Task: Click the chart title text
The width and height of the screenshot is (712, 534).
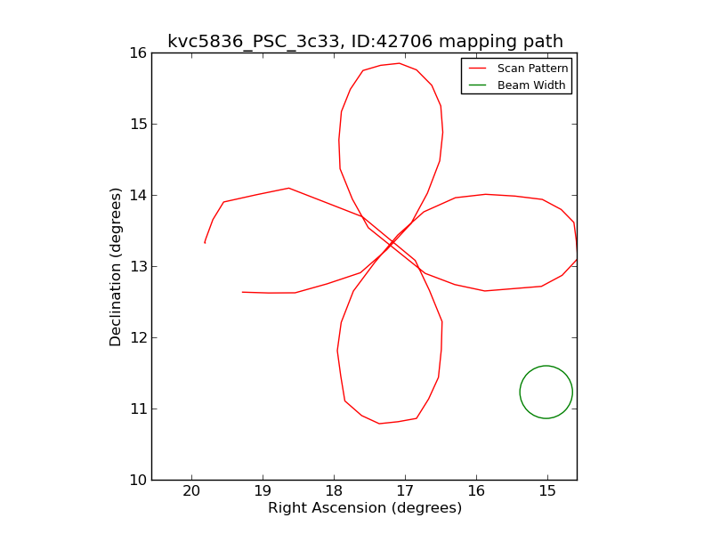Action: [x=365, y=41]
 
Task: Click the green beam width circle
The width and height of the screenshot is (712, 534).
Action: [x=546, y=392]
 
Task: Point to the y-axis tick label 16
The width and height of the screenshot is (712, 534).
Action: [x=136, y=53]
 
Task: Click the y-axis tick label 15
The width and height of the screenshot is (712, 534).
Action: [x=136, y=125]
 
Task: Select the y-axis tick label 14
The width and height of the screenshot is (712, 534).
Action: [x=136, y=196]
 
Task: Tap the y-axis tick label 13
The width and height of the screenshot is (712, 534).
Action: [x=136, y=267]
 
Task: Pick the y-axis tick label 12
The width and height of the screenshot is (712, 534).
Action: [x=136, y=338]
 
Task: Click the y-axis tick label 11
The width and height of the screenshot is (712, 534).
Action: [x=136, y=409]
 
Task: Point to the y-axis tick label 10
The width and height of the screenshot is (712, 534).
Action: [x=136, y=481]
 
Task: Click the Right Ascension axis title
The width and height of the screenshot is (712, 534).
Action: [x=365, y=508]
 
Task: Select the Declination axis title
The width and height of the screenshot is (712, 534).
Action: [x=117, y=266]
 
